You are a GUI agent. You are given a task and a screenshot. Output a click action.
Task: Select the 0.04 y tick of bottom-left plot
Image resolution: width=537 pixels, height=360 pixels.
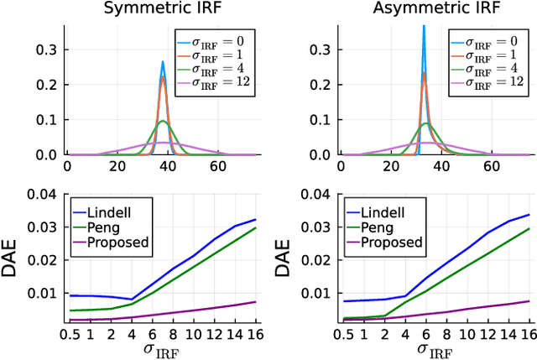[x=44, y=195]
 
